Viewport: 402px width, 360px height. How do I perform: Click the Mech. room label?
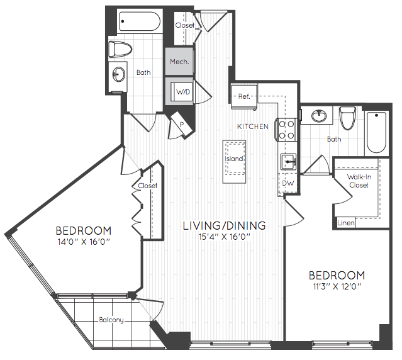pos(179,62)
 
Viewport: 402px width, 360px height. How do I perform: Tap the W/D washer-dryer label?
pos(183,92)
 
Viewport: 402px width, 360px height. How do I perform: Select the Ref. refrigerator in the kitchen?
pos(244,97)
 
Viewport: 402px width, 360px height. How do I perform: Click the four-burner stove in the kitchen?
pos(286,130)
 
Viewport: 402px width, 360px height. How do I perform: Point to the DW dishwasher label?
pos(288,183)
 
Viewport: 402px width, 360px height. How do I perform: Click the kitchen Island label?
pos(234,159)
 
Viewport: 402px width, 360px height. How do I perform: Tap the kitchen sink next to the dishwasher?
pos(289,162)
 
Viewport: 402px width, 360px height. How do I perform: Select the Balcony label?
pos(111,320)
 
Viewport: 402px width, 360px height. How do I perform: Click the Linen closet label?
pos(346,223)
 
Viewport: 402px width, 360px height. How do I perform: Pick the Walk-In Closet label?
pos(359,181)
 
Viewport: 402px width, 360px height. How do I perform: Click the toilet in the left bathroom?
pos(120,49)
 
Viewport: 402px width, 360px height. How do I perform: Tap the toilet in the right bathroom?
pos(347,118)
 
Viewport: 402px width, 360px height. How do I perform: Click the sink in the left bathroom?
pos(119,74)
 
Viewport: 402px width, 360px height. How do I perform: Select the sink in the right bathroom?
pos(319,116)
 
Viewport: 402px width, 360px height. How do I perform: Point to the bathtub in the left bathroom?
pos(140,21)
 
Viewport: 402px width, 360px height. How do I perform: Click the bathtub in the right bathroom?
pos(376,132)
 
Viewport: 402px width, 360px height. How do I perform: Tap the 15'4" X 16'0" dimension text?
pos(225,237)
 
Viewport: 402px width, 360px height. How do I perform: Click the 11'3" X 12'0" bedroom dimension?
pos(337,286)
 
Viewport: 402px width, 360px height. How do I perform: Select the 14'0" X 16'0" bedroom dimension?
pos(84,242)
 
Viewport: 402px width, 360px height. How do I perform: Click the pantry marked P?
pos(181,124)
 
